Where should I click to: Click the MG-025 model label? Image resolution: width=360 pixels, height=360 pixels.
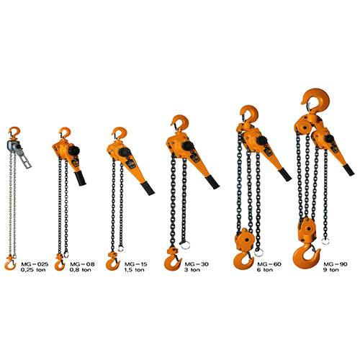coord(35,264)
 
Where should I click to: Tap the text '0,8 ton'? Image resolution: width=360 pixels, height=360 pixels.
coord(81,270)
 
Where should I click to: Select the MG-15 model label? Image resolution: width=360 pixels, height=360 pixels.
coord(135,264)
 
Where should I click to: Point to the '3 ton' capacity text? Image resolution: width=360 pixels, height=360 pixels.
coord(192,270)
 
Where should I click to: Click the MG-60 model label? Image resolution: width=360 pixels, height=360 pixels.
coord(269,264)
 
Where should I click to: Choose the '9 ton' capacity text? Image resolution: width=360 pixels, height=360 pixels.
coord(331,270)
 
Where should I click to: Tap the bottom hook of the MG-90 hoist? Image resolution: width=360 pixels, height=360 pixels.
coord(306,256)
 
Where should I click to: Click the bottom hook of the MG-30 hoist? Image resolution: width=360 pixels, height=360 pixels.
coord(172,264)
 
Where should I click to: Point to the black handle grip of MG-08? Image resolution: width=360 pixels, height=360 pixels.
coord(80,179)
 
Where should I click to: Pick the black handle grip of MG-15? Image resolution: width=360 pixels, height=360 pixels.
coord(148,189)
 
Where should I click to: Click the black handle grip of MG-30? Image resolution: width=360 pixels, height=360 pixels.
coord(212,182)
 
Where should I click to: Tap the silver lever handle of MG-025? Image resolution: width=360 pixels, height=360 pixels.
coord(24,157)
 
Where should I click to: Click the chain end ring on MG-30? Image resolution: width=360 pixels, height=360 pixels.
coord(185,245)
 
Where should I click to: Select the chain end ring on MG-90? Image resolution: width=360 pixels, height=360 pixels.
coord(325,241)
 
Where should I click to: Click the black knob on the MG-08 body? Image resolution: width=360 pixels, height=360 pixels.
coord(74,150)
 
